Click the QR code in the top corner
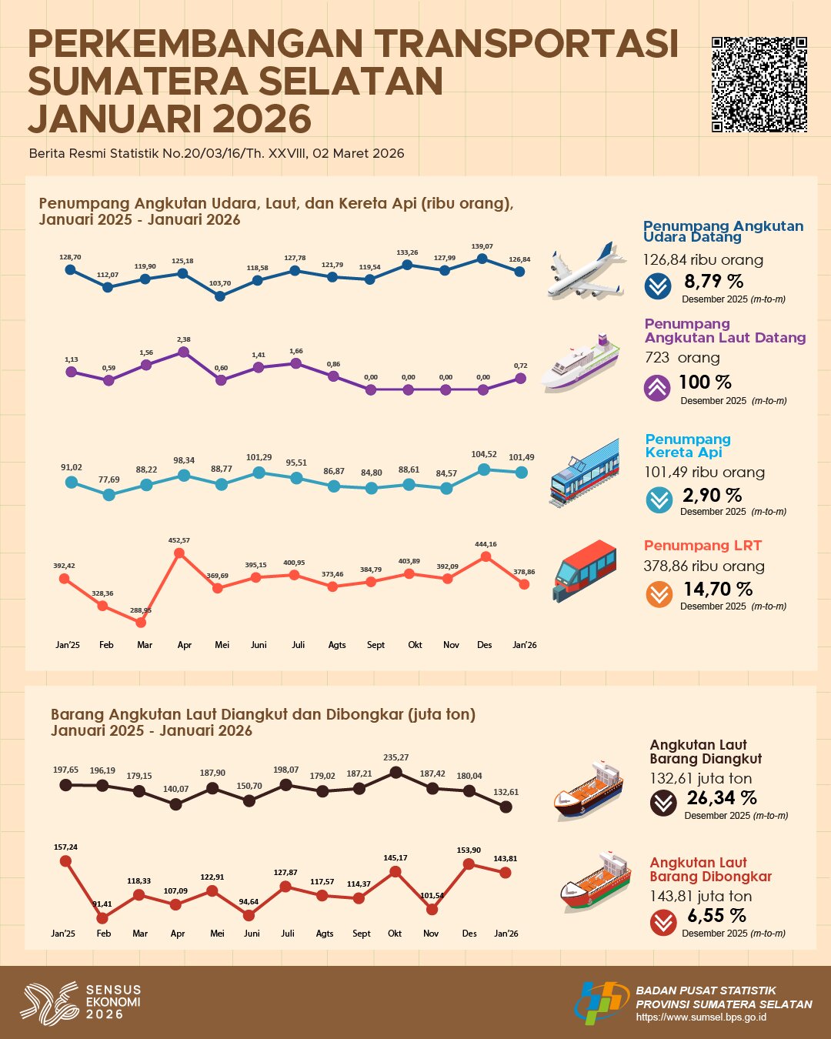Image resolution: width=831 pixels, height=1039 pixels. pos(759,85)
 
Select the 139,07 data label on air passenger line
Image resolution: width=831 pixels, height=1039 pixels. pos(482,246)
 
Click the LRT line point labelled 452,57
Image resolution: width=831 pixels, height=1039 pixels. pos(179,553)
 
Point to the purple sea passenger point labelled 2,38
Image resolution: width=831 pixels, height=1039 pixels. pos(183,352)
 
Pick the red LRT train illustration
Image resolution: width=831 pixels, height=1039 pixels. pos(585,570)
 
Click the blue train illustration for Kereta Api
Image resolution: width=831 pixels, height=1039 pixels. pos(585,472)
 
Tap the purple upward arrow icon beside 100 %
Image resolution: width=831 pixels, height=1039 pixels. pos(657,388)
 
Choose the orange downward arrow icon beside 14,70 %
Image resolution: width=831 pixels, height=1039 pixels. pos(659,594)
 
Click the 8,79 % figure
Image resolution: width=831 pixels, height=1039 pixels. pos(714,282)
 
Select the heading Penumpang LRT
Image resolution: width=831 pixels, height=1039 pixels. pos(703,546)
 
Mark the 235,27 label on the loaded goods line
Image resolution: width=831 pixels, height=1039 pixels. pos(396,757)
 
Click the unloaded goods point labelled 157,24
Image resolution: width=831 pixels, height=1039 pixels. pos(65,861)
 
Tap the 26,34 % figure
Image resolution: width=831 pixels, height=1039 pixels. pos(722,798)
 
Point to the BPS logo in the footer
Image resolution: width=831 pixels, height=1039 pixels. pos(602,1002)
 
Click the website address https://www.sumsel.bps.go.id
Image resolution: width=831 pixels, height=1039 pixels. pos(701,1017)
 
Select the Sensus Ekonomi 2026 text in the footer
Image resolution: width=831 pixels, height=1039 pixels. pos(113,1002)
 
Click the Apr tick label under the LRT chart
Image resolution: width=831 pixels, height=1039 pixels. pos(184,645)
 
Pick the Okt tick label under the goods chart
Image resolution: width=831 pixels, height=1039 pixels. pos(395,934)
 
